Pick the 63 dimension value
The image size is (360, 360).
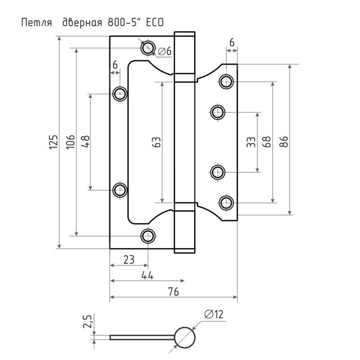click(x=156, y=142)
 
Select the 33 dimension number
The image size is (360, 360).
click(x=252, y=142)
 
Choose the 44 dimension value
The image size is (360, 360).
click(x=147, y=275)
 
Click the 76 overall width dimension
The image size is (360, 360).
click(x=174, y=292)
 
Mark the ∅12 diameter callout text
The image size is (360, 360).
click(x=214, y=315)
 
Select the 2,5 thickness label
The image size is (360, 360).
click(x=88, y=323)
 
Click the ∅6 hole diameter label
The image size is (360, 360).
click(x=165, y=52)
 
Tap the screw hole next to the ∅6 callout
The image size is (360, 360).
click(x=148, y=47)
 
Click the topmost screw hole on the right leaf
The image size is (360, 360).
click(x=226, y=82)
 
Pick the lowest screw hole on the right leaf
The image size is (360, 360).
click(x=226, y=202)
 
